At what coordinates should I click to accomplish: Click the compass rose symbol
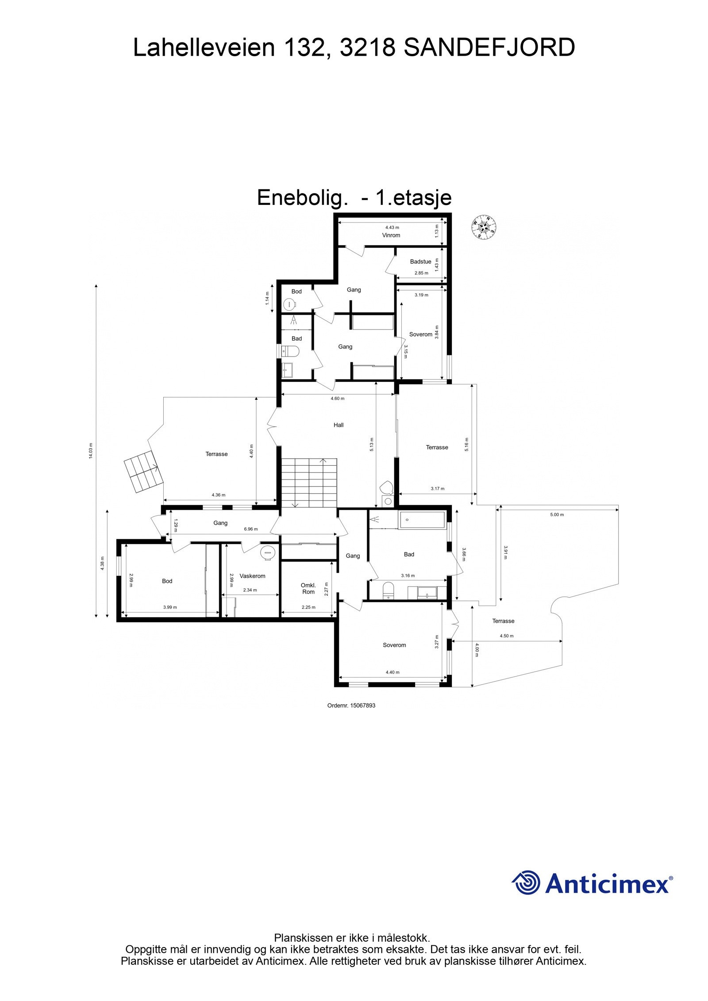[483, 226]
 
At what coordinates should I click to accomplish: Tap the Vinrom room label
[391, 235]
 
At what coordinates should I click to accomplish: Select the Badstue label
[420, 261]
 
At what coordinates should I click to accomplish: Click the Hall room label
[339, 425]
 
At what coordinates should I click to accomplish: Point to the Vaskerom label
[252, 576]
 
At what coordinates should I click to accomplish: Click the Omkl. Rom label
[308, 588]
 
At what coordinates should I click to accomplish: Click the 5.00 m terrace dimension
[557, 514]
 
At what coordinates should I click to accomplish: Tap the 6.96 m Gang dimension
[251, 529]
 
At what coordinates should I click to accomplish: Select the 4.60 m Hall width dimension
[338, 398]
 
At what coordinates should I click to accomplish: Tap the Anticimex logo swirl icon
[526, 882]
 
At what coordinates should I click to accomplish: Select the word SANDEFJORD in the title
[489, 48]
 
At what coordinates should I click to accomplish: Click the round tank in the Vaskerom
[268, 552]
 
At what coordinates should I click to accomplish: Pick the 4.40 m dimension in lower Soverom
[392, 672]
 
